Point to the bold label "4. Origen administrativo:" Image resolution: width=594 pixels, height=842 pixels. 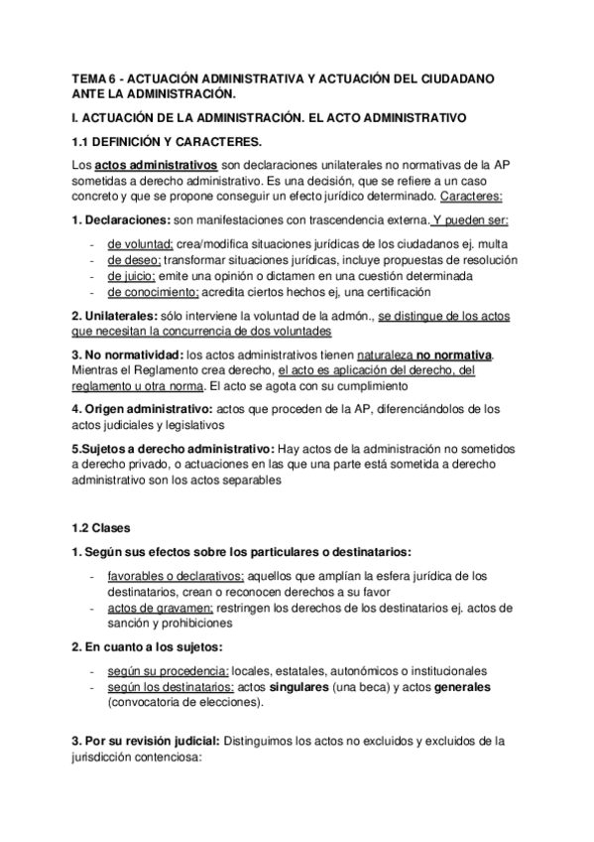[x=146, y=409]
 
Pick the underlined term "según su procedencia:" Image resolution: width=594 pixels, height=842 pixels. [x=162, y=671]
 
